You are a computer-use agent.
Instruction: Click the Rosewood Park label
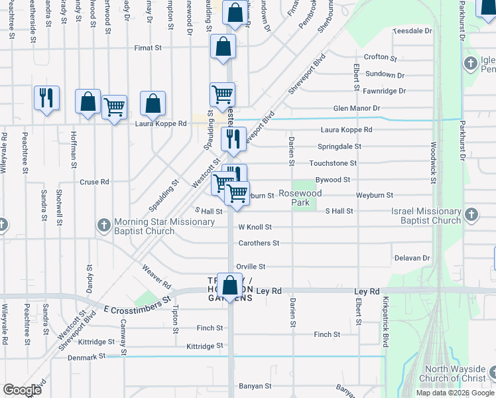[x=300, y=198]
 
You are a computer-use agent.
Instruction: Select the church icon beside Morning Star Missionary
[x=103, y=226]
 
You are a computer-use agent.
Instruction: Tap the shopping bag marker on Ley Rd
[x=229, y=287]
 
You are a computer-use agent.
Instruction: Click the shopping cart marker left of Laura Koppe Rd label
[x=115, y=106]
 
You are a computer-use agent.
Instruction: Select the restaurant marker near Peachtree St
[x=46, y=98]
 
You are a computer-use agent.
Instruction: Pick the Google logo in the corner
[x=22, y=390]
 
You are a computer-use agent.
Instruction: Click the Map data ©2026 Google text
[x=455, y=393]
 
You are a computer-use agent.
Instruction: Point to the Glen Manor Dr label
[x=356, y=108]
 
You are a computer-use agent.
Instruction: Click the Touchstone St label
[x=333, y=163]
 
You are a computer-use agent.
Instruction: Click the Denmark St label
[x=87, y=357]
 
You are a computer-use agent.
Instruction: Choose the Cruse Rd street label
[x=94, y=182]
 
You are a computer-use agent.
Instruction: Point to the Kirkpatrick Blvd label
[x=385, y=322]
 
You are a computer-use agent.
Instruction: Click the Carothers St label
[x=259, y=243]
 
